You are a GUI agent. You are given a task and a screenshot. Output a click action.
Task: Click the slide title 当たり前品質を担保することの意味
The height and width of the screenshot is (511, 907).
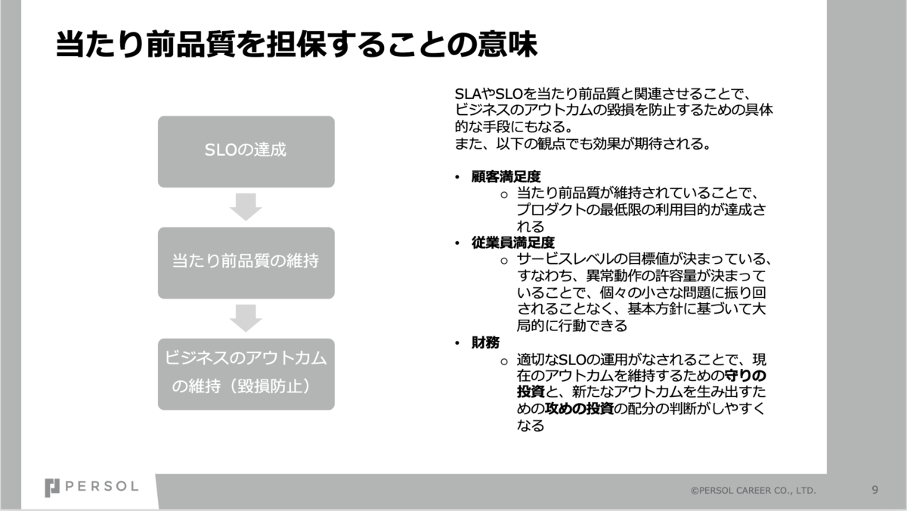296,45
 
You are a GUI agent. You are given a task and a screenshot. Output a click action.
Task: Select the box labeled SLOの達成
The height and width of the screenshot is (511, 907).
246,151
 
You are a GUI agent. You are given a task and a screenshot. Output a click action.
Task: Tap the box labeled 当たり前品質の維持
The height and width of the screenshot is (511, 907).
246,262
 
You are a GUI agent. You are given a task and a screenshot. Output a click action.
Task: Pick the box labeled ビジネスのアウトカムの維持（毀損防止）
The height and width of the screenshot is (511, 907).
246,373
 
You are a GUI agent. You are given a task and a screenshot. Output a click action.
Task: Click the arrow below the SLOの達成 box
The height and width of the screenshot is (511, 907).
246,206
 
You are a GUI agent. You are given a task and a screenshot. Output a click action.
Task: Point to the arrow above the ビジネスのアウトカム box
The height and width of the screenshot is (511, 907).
246,317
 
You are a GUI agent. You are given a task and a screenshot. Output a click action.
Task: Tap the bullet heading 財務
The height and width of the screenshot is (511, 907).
485,342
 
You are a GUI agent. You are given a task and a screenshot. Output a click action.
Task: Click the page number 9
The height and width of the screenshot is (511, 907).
874,489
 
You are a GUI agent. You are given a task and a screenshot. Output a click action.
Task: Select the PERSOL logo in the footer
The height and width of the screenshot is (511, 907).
91,488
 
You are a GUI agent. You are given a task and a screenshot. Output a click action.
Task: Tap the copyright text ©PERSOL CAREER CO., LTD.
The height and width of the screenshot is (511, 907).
753,491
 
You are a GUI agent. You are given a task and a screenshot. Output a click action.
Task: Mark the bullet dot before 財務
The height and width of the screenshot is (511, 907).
457,343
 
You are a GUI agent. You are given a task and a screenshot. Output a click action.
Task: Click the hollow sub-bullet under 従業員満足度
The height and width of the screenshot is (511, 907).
504,260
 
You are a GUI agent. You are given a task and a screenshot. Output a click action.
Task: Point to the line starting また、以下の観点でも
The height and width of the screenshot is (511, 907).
582,144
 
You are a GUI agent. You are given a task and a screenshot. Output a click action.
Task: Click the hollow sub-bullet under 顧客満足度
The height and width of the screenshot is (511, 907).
504,194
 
